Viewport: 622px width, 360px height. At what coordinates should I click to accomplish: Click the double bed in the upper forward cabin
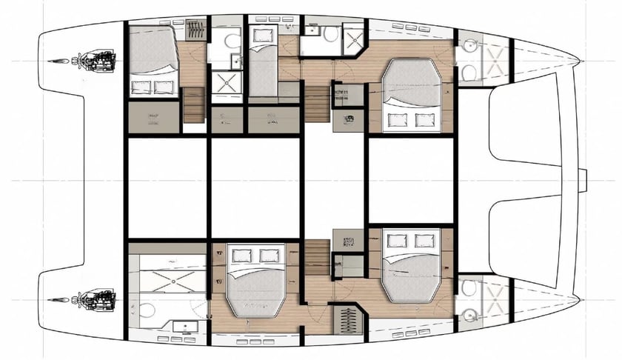[411, 94]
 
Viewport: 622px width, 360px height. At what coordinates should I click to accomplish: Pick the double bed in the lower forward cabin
[411, 267]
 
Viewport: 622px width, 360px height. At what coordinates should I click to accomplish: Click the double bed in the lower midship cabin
[254, 282]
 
